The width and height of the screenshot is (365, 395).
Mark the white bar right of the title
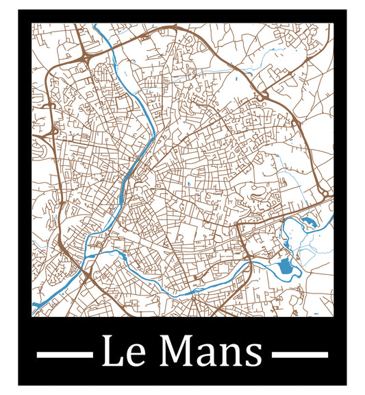300,355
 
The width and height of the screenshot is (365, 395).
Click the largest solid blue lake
282,267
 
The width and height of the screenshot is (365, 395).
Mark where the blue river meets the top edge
96,27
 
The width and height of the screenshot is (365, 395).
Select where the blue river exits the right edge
331,218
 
